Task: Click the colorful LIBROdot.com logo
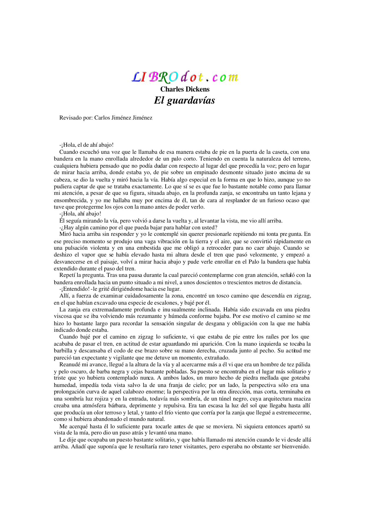click(185, 77)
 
